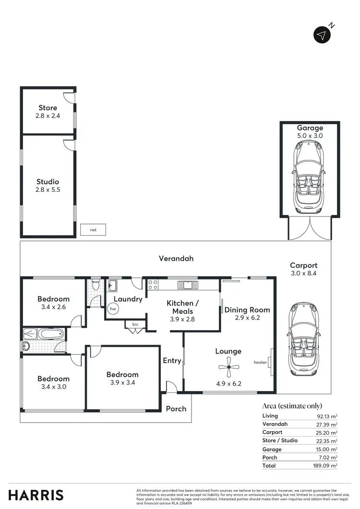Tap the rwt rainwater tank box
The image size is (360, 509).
click(x=93, y=230)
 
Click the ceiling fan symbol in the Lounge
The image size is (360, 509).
click(x=228, y=368)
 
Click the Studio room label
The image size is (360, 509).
click(x=48, y=182)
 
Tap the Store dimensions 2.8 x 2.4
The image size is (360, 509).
click(x=48, y=116)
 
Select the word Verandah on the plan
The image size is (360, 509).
click(x=176, y=259)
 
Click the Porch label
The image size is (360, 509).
click(x=176, y=409)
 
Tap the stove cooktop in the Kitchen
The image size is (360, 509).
click(x=153, y=285)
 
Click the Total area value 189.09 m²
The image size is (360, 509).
click(x=326, y=465)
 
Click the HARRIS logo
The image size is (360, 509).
click(x=36, y=495)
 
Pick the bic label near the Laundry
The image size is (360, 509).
click(x=135, y=324)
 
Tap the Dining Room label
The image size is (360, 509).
click(x=247, y=310)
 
